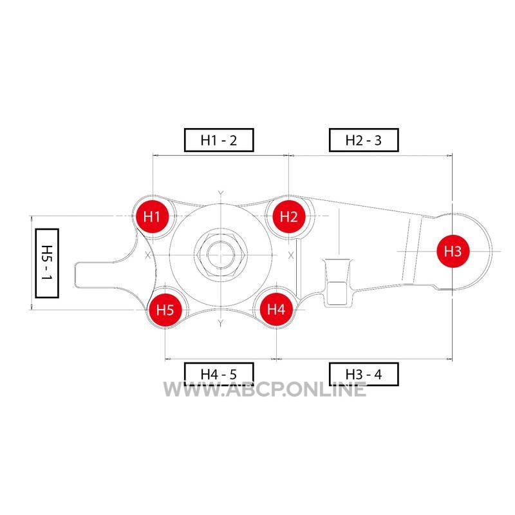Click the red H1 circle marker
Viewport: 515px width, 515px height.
tap(152, 216)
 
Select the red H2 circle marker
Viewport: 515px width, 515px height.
tap(288, 216)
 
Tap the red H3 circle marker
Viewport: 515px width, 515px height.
tap(453, 251)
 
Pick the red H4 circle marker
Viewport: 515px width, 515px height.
tap(276, 309)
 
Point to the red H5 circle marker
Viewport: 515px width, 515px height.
tap(165, 310)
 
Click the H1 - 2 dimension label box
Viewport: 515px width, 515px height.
tap(219, 140)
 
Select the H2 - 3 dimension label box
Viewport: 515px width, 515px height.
tap(364, 140)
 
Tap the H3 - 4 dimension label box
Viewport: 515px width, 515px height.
tap(364, 374)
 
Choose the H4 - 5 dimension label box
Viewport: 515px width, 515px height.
tap(219, 374)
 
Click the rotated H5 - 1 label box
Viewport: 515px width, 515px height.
tap(47, 263)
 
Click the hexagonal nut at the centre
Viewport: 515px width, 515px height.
tap(221, 255)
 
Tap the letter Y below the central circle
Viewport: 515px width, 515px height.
tap(221, 324)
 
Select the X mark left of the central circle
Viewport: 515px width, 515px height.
tap(148, 255)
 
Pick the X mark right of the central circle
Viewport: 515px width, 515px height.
tap(291, 255)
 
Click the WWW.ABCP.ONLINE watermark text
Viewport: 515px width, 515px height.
tap(265, 389)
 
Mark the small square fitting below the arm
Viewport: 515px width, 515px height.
tap(337, 294)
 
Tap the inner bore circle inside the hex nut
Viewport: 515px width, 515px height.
tap(221, 255)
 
